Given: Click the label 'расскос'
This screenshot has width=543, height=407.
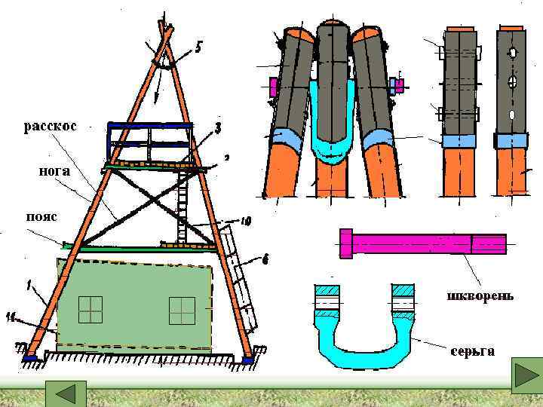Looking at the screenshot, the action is (50, 126).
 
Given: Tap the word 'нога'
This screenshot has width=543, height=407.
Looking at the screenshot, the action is (54, 171).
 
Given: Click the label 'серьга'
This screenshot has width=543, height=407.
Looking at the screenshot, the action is (473, 351).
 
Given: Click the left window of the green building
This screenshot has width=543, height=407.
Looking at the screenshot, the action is (90, 309).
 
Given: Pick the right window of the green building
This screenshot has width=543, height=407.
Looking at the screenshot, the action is (182, 310).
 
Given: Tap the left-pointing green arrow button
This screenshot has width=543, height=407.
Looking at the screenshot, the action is (66, 394).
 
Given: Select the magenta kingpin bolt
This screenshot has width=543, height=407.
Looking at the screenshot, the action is (422, 243).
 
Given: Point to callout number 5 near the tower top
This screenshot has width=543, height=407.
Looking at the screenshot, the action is (198, 47).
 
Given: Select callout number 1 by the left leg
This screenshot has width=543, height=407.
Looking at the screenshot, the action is (29, 286).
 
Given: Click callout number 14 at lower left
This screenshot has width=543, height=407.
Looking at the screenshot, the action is (11, 319).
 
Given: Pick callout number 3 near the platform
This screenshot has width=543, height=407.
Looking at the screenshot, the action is (217, 129).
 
